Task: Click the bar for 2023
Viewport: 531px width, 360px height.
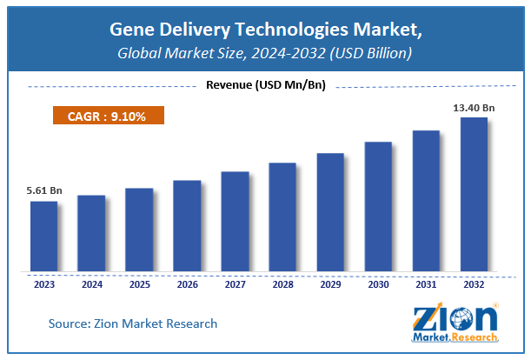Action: point(43,236)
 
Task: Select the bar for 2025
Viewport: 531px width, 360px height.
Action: point(138,230)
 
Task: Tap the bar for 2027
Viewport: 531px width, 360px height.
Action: point(235,221)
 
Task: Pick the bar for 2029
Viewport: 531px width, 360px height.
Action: point(330,212)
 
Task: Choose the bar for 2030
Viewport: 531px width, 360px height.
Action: point(378,206)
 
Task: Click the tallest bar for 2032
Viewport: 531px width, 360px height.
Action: point(473,194)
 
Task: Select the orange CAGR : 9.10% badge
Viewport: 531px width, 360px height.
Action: point(107,115)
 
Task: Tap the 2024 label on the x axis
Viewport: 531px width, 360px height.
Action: point(92,284)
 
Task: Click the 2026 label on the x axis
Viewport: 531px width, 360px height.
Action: point(188,284)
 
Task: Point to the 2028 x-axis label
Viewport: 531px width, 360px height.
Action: point(283,284)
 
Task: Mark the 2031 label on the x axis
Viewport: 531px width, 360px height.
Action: point(427,284)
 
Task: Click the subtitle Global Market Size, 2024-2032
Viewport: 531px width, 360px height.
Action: point(265,54)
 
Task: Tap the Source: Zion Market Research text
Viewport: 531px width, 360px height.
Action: point(133,323)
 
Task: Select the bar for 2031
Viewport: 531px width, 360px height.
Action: point(426,201)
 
